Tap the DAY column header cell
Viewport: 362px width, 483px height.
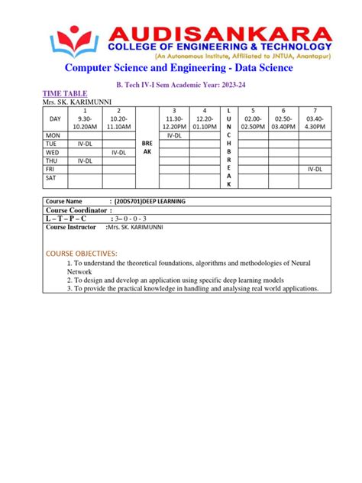pyautogui.click(x=54, y=119)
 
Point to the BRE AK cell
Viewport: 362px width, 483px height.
pyautogui.click(x=148, y=146)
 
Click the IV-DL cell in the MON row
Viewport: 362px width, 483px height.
pyautogui.click(x=174, y=135)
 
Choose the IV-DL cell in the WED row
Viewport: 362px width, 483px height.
pyautogui.click(x=118, y=151)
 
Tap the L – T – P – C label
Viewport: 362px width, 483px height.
pyautogui.click(x=66, y=219)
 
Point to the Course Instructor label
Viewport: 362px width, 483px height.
pyautogui.click(x=71, y=227)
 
